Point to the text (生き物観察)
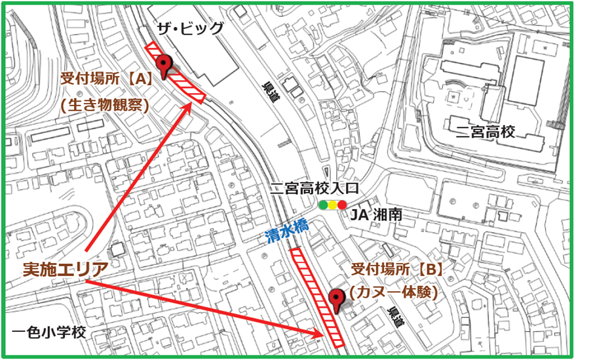coord(105,104)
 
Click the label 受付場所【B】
coord(398,269)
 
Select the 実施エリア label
coord(66,270)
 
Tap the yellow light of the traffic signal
coord(333,205)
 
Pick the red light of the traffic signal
coord(342,205)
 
